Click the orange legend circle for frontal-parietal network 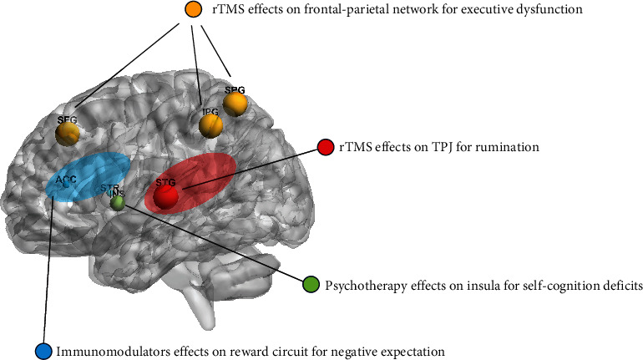193,10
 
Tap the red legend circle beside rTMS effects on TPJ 326,147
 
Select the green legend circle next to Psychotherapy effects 311,284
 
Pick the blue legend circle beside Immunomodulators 45,350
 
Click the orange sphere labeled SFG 68,132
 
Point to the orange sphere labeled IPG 210,125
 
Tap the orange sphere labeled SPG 236,104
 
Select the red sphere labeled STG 166,195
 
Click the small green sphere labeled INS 118,201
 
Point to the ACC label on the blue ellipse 66,180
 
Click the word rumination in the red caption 513,147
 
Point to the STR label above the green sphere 109,189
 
